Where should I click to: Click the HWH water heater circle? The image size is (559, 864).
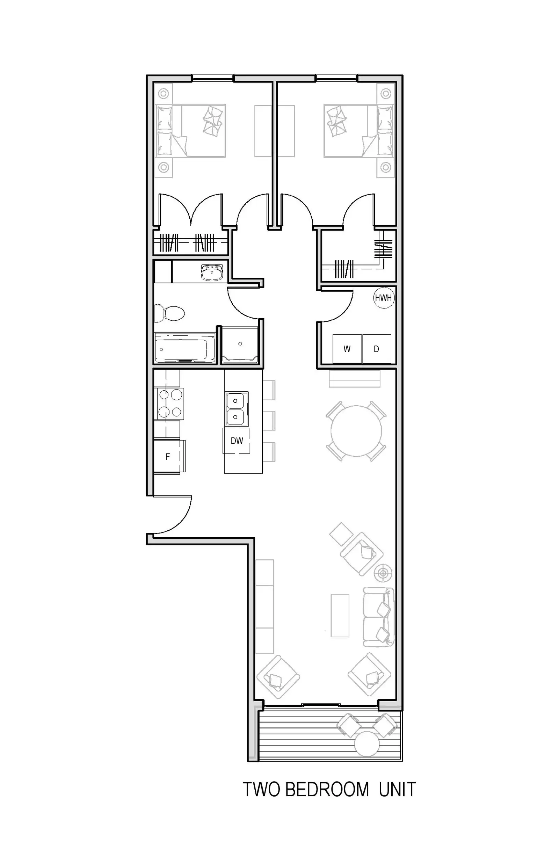click(383, 298)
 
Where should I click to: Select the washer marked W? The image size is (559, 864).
click(347, 349)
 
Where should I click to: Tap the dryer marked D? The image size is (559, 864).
click(377, 349)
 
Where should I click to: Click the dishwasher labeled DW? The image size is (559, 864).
click(236, 441)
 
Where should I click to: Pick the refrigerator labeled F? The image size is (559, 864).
click(168, 457)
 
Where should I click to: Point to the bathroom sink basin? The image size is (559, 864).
click(212, 273)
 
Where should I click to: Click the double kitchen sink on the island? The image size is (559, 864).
click(236, 409)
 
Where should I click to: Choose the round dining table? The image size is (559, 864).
click(356, 431)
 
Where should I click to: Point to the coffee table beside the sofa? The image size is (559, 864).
click(340, 616)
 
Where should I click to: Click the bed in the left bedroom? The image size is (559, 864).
click(190, 131)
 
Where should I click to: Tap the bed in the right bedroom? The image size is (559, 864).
click(358, 131)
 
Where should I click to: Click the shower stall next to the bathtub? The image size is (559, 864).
click(240, 345)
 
